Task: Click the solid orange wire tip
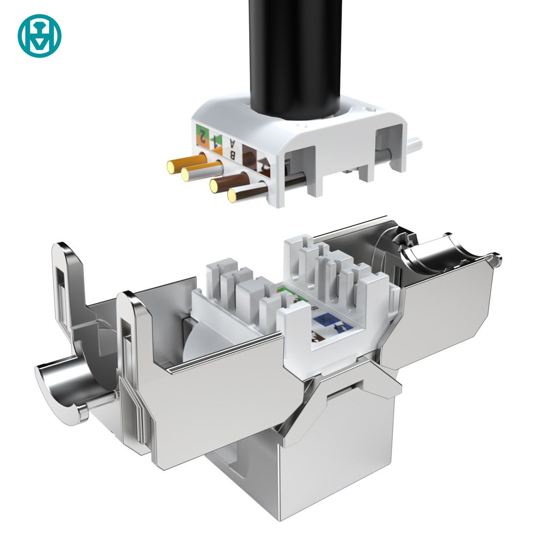pos(171,166)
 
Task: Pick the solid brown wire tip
pos(215,185)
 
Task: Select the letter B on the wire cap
pos(233,155)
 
